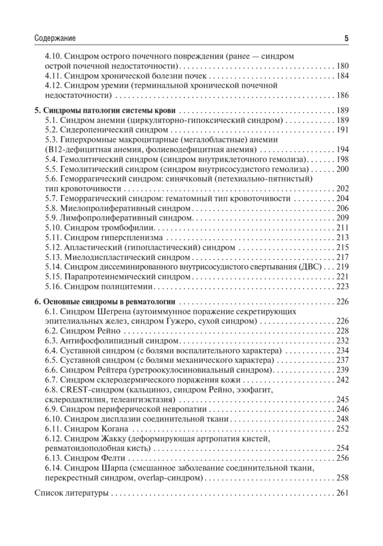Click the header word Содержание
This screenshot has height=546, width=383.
tap(55, 39)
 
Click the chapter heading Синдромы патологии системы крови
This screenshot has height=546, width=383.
tap(109, 111)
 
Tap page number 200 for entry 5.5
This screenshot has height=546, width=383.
tap(342, 169)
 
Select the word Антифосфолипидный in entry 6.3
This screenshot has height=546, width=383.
tap(93, 341)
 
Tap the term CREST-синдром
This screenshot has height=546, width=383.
tap(87, 390)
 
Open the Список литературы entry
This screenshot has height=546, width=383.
tap(71, 493)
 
